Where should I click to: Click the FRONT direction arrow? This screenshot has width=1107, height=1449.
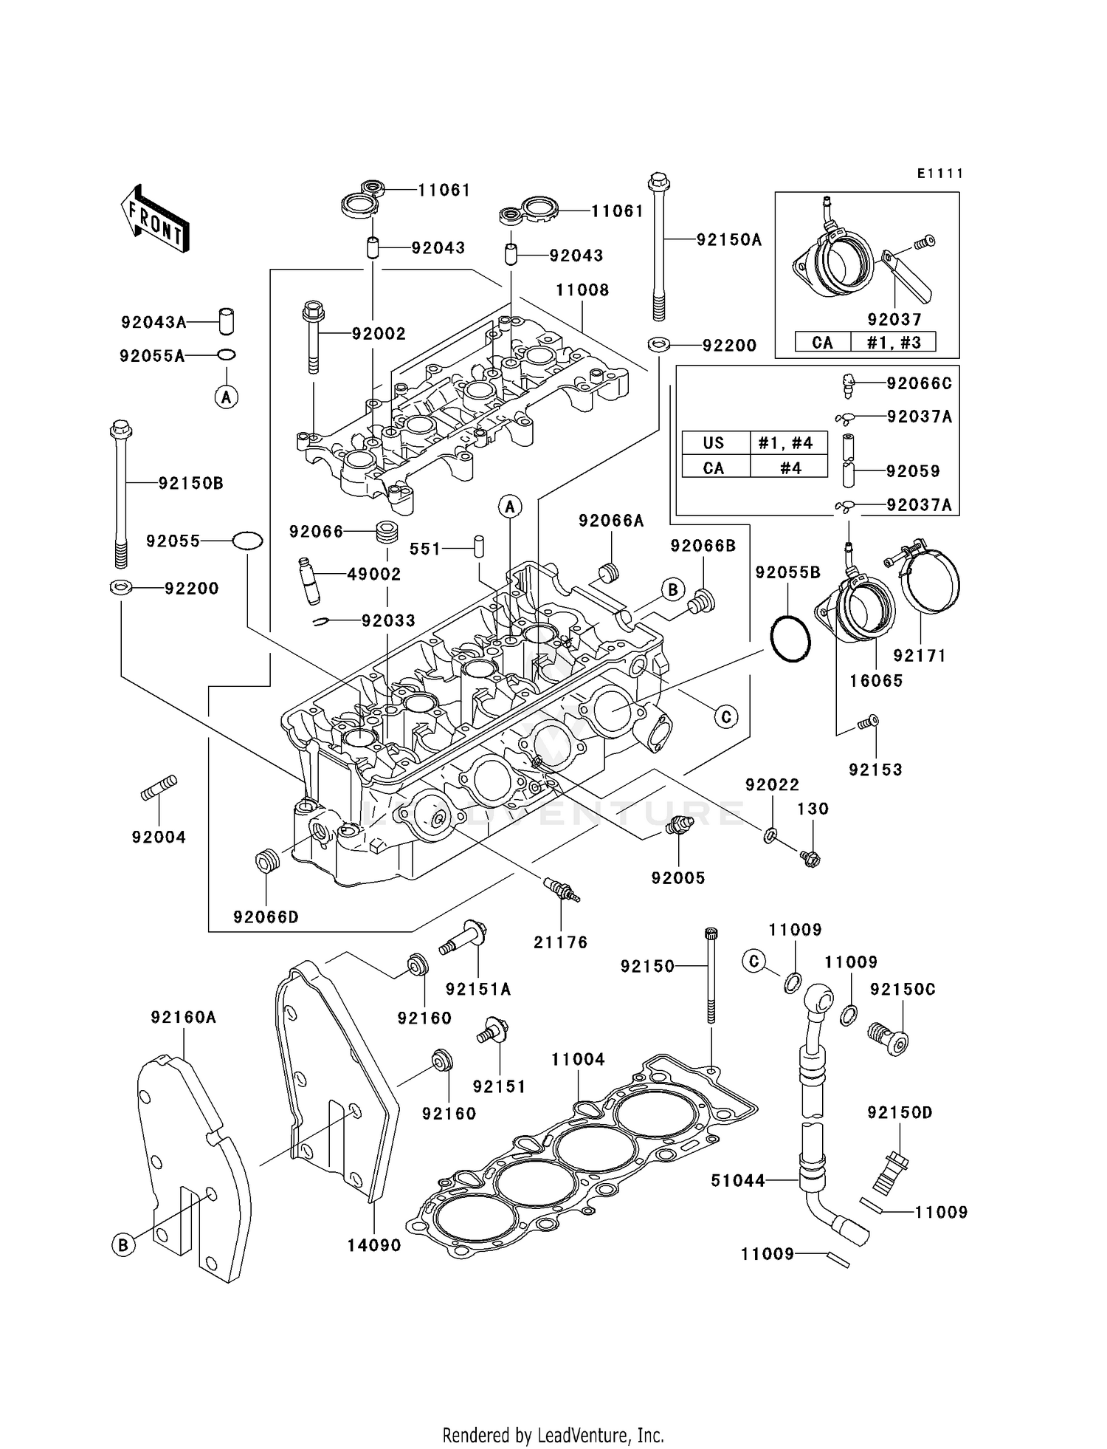pos(155,219)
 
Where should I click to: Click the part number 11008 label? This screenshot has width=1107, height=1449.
pos(582,290)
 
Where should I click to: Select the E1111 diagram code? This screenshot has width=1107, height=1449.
pos(940,174)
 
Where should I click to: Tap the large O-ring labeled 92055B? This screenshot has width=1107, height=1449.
pos(790,640)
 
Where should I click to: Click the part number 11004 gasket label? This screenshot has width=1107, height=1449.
pos(578,1059)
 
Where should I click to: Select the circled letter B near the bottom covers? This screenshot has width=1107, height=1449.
pos(123,1244)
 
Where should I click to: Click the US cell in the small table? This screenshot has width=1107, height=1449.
pos(714,443)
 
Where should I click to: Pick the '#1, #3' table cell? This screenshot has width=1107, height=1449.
pos(892,343)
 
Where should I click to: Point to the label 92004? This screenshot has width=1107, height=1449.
pos(159,837)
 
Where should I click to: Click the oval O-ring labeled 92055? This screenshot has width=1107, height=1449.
pos(247,541)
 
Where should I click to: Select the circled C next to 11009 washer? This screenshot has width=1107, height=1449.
pos(753,961)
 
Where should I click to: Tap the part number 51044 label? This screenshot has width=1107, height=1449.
pos(738,1181)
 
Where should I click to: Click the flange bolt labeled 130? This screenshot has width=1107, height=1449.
pos(810,858)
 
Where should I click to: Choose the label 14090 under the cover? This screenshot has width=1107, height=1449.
pos(374,1245)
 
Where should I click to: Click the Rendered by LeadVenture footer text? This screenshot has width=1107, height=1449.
pos(553,1435)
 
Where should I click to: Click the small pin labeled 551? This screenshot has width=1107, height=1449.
pos(479,547)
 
